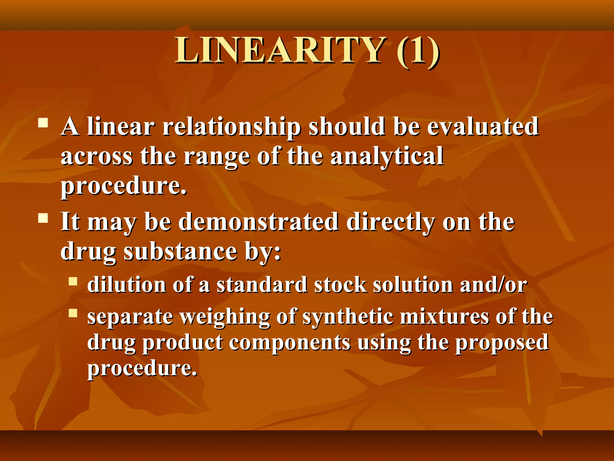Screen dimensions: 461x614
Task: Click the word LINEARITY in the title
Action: click(280, 50)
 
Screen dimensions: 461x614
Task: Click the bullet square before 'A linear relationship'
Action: click(43, 123)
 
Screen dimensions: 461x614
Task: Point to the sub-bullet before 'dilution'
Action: click(73, 281)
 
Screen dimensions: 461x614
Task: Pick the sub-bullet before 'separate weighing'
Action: click(73, 313)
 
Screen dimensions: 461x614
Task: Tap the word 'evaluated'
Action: click(483, 127)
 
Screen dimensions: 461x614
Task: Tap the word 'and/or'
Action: click(493, 285)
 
